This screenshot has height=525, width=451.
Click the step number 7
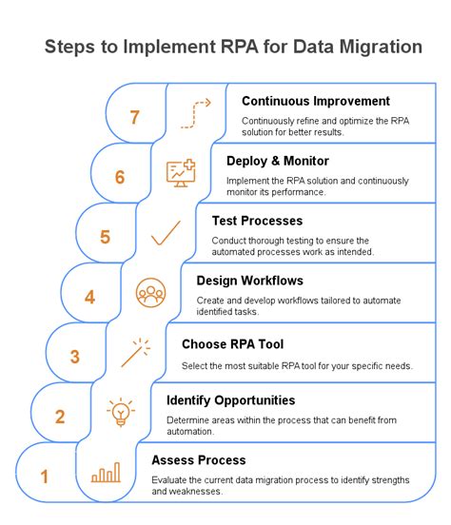tap(135, 117)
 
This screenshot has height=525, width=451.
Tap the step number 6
tap(120, 177)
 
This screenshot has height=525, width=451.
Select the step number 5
tap(105, 237)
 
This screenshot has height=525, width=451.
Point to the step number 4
tap(89, 297)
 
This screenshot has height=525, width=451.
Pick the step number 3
tap(74, 357)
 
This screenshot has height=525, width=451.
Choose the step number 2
tap(59, 416)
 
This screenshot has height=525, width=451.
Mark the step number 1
tap(44, 476)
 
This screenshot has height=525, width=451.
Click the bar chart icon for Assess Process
tap(106, 474)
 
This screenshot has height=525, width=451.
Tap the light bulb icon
tap(121, 413)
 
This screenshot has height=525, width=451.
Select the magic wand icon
tap(136, 353)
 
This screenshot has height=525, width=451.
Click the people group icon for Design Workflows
tap(150, 292)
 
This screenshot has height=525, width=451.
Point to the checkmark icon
tap(166, 233)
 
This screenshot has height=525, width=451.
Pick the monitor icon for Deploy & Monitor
tap(181, 172)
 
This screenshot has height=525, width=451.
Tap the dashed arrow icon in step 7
tap(196, 112)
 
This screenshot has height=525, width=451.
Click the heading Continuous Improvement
tap(316, 101)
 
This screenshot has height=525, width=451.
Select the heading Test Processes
tap(257, 221)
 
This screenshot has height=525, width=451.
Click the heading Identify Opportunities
tap(231, 400)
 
